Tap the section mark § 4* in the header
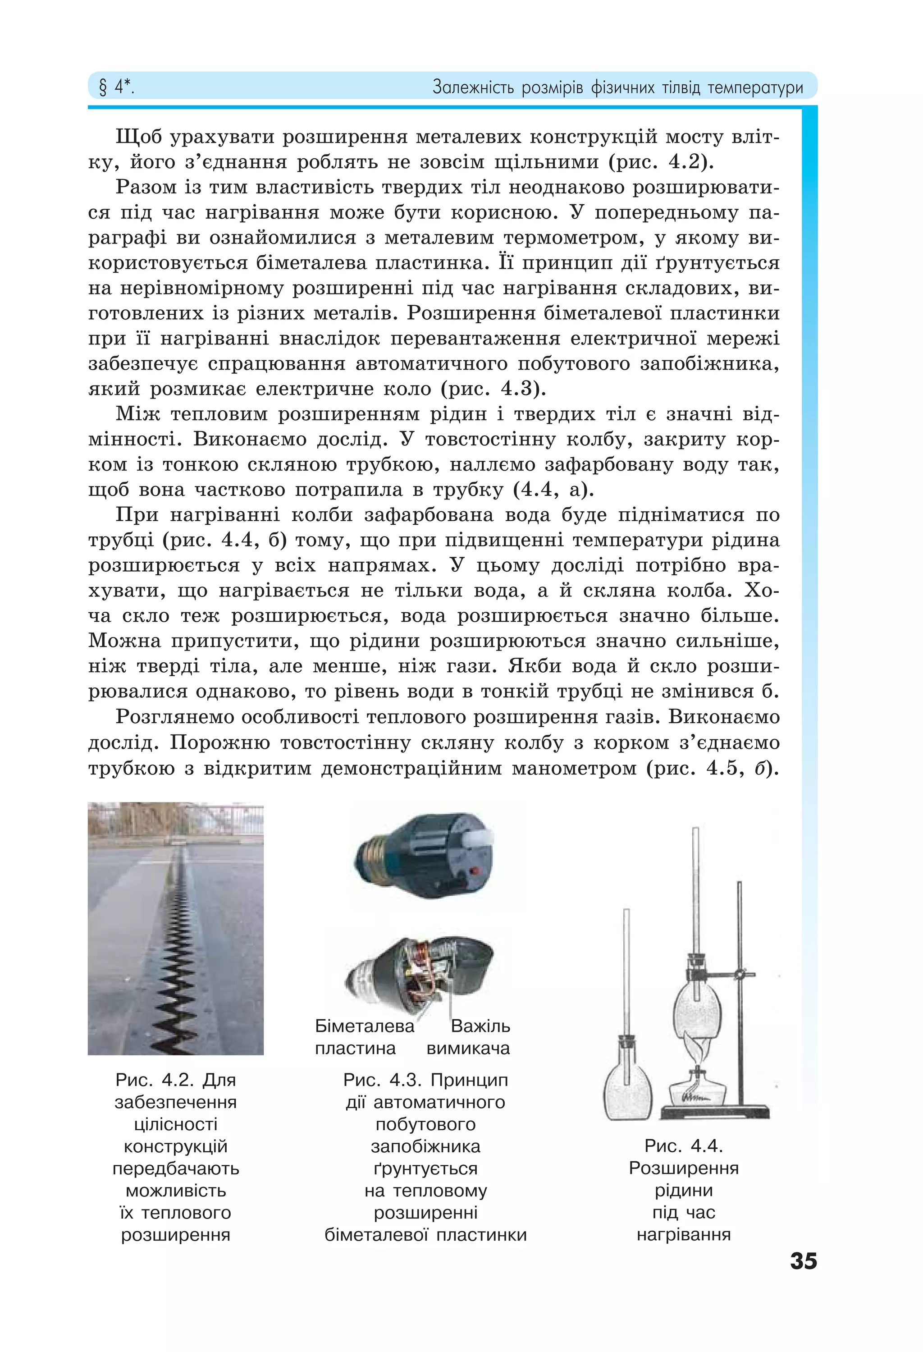click(116, 88)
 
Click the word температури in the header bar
click(755, 88)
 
